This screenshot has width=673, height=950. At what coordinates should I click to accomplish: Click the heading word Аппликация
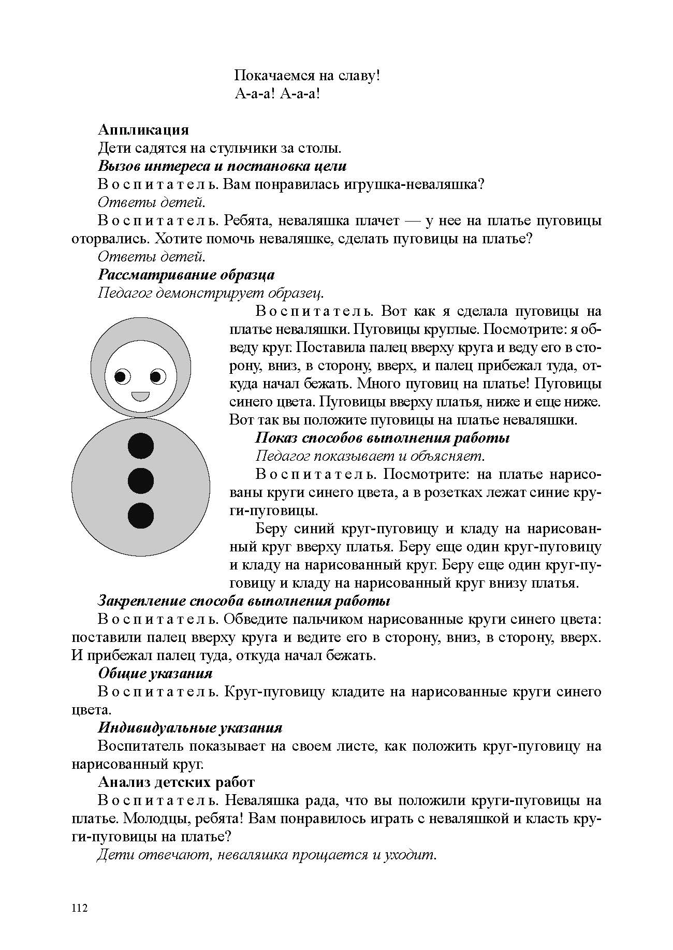coord(143,129)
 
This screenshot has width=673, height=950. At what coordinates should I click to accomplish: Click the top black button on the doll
coord(141,446)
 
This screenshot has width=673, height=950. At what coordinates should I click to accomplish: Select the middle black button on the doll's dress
coord(141,481)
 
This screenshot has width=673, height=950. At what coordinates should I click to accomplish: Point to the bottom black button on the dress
coord(141,516)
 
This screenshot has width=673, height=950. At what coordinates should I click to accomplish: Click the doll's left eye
coord(122,376)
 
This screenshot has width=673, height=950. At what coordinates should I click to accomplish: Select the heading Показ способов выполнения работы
coord(382,438)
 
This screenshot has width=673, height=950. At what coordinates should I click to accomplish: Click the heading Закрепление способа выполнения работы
coord(244,601)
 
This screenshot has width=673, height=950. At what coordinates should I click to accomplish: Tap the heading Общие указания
coord(155,674)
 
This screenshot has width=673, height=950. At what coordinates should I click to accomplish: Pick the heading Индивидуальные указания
coord(190,728)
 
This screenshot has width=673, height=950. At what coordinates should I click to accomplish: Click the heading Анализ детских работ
coord(176,782)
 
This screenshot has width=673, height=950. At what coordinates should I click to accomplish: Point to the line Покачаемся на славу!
coord(308,76)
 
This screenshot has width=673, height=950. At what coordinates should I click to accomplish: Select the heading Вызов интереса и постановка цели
coord(222,166)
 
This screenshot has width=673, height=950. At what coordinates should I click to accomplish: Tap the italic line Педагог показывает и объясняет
coord(371,456)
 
